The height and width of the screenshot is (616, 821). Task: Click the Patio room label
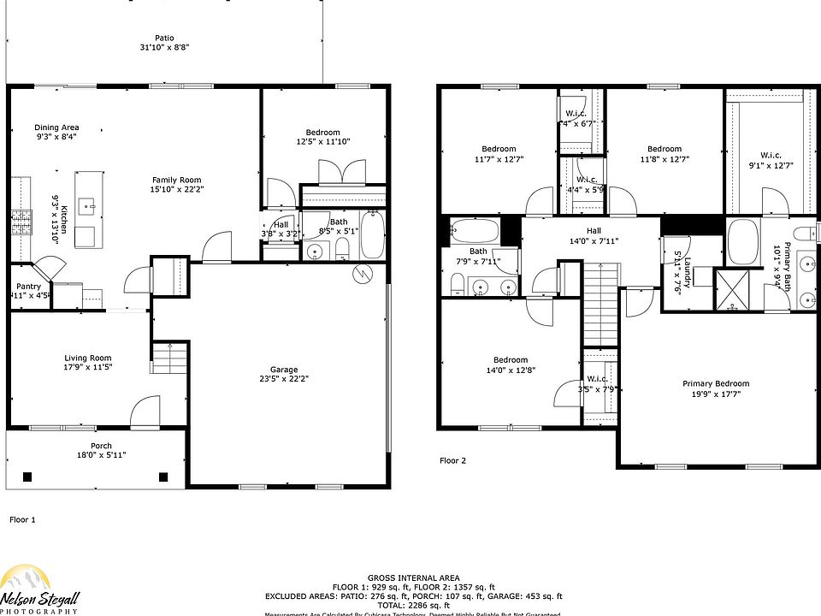tap(164, 38)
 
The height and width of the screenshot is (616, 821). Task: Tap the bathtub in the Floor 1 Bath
tap(373, 235)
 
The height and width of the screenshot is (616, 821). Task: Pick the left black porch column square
tap(27, 477)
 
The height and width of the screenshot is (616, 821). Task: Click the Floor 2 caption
tap(453, 460)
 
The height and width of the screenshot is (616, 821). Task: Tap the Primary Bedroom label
tap(715, 383)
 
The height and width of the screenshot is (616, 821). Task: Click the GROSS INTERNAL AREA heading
tap(413, 578)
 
